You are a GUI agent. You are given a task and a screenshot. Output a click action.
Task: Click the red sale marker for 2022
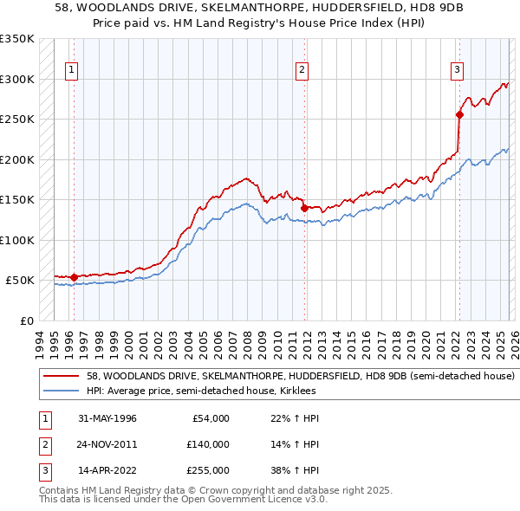459,113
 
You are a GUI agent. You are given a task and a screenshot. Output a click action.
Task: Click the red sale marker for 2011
304,207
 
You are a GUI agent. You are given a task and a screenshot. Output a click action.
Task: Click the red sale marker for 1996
74,277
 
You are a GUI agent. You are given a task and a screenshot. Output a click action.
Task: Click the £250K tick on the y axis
17,120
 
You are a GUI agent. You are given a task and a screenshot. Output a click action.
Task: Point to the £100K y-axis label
17,240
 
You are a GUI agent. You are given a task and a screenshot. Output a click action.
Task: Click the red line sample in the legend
62,377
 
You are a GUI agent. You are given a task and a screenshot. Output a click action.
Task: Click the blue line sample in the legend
62,391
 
